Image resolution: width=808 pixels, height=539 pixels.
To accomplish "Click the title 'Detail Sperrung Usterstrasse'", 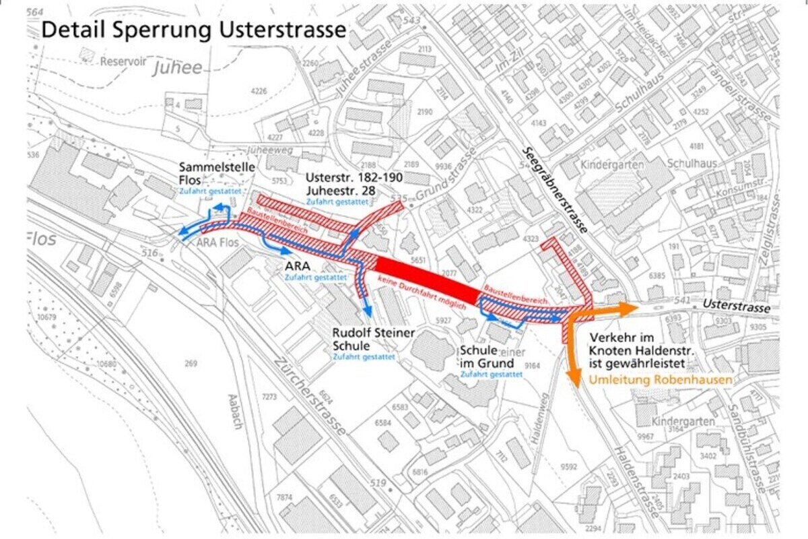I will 194,30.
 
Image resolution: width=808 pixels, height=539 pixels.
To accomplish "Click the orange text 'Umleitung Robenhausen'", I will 661,380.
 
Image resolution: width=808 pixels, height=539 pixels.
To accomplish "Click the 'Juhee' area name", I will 177,68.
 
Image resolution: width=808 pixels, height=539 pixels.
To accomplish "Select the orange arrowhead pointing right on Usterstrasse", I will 630,309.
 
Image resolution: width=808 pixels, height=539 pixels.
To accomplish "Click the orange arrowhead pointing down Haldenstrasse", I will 575,380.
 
